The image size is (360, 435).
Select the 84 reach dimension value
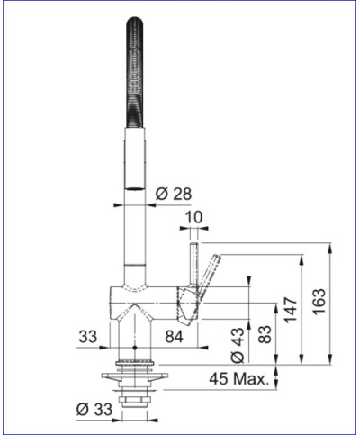(x=177, y=337)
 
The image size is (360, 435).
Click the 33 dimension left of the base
(x=86, y=337)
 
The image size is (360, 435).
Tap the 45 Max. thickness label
(x=238, y=378)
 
